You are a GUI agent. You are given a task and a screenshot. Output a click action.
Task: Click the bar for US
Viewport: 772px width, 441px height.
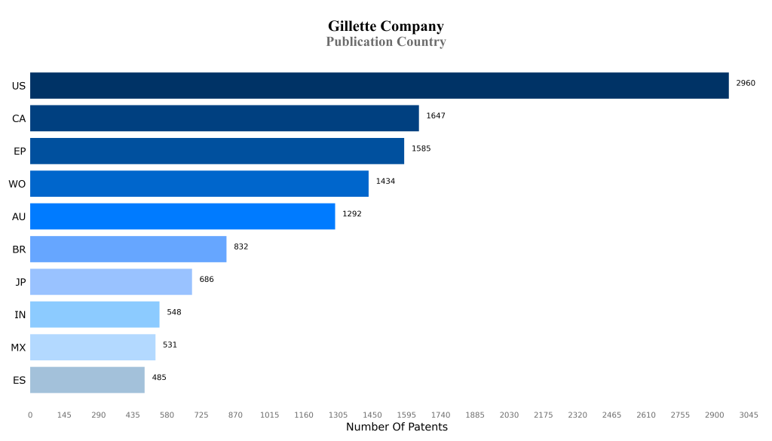click(x=379, y=86)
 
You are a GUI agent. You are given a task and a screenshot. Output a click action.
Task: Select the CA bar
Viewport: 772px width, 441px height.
click(x=224, y=118)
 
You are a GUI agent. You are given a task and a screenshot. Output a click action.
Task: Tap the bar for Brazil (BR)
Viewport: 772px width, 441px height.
click(x=128, y=250)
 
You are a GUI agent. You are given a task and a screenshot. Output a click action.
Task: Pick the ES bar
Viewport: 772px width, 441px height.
click(x=87, y=380)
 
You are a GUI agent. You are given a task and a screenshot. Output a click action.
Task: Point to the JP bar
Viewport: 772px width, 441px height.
click(x=111, y=282)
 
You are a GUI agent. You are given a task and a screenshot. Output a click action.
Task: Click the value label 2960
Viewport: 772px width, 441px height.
click(x=745, y=83)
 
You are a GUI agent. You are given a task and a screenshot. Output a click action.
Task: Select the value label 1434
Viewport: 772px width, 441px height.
click(x=385, y=181)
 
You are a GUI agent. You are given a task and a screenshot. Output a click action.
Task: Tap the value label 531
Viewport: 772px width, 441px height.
click(x=170, y=345)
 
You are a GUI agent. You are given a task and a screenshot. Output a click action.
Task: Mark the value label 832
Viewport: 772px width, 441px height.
click(x=240, y=247)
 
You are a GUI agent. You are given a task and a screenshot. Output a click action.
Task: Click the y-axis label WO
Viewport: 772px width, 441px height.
click(x=17, y=184)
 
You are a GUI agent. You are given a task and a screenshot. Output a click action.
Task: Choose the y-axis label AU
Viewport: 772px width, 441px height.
click(x=19, y=217)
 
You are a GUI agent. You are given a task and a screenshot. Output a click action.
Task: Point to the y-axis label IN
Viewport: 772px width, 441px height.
click(x=20, y=315)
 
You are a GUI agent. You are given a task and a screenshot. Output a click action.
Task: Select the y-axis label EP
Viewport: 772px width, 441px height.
click(x=20, y=152)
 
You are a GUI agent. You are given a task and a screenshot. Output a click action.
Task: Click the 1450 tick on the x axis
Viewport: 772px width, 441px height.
click(x=372, y=415)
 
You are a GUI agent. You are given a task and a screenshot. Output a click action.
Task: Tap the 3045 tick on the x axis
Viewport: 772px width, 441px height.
click(x=749, y=415)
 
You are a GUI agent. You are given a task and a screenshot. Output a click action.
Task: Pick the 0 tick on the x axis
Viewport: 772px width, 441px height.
click(x=30, y=415)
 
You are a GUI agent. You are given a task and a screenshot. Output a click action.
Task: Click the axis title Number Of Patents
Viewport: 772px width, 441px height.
click(x=397, y=427)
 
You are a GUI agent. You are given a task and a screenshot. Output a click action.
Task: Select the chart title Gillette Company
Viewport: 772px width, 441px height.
click(x=385, y=27)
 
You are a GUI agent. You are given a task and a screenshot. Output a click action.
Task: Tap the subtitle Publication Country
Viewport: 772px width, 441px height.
click(x=385, y=42)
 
